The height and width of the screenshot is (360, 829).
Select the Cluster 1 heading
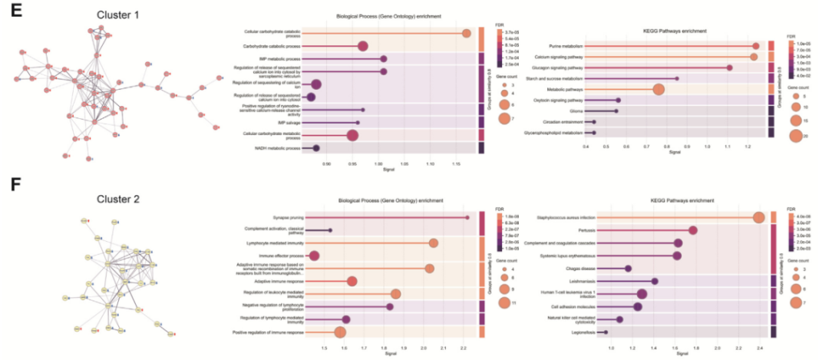[x=117, y=15]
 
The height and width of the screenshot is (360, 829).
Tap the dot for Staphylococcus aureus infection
[x=758, y=218]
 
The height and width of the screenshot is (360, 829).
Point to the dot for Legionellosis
[x=605, y=332]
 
